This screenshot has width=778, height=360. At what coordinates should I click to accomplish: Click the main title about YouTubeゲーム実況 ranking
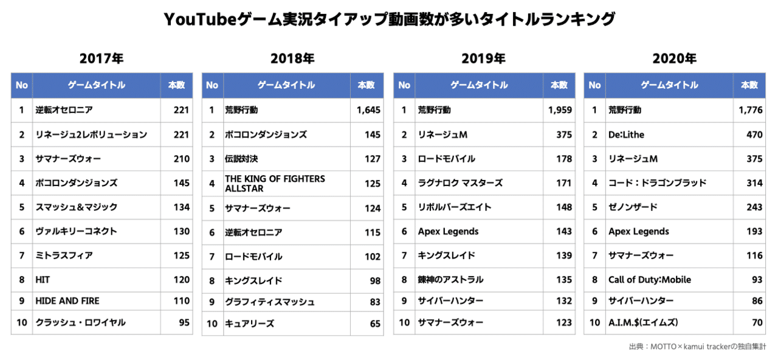coord(389,20)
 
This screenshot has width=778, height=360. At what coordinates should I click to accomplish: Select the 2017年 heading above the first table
coord(102,59)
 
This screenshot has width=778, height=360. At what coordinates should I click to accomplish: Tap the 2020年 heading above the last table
coord(674,59)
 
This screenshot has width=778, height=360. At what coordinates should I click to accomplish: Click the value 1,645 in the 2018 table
coord(368,110)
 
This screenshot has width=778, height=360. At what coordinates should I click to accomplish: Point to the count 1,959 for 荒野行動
coord(560,110)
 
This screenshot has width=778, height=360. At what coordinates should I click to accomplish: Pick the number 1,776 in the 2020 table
coord(751,110)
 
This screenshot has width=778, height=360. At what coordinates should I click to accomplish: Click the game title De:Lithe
coord(626,134)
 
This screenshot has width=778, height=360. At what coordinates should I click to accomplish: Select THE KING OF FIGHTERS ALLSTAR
coord(275,184)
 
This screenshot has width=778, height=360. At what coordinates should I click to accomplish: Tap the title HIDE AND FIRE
coord(67,301)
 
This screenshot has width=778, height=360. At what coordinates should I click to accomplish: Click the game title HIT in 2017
coord(43,280)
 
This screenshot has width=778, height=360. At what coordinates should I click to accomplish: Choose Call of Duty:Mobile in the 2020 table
coord(649,280)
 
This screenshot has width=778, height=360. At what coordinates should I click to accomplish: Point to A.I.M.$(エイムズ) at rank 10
coord(643,322)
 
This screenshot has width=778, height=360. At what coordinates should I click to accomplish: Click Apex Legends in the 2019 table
coord(448,232)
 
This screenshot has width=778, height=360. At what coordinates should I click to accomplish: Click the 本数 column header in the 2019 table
coord(559,86)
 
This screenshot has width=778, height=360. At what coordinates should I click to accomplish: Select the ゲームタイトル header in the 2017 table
coord(96,86)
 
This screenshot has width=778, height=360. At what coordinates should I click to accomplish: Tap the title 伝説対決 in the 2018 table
coord(241,159)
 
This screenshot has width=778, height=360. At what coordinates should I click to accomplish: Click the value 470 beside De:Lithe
coord(754,134)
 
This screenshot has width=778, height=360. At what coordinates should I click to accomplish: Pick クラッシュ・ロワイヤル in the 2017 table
coord(80,322)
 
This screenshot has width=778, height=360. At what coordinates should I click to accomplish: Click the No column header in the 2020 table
coord(594,86)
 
